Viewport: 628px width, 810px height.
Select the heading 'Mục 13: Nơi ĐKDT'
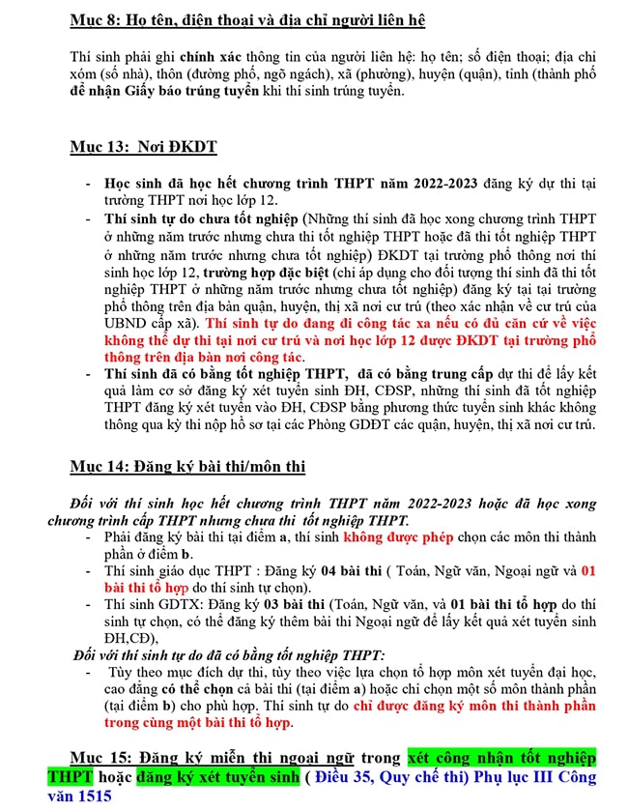click(143, 147)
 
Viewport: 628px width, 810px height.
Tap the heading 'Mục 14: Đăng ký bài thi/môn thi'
click(187, 467)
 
